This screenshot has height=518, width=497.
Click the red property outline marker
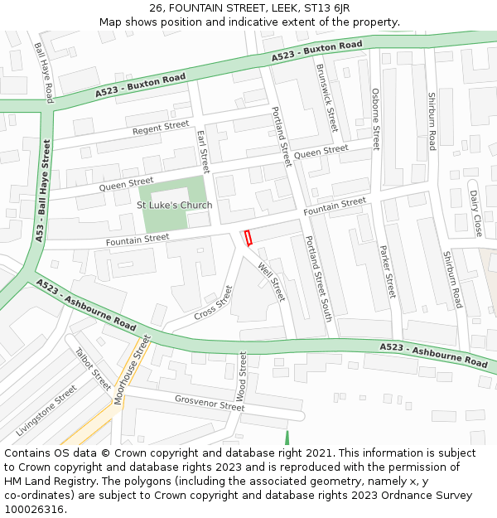click(x=247, y=238)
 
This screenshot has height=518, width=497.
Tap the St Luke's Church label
click(x=174, y=205)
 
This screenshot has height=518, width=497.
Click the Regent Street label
click(x=161, y=128)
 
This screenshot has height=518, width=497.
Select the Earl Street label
click(x=204, y=147)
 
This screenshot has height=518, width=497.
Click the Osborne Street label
click(x=375, y=119)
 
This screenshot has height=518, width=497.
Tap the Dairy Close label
click(x=475, y=213)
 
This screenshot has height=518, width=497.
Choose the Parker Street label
click(x=388, y=272)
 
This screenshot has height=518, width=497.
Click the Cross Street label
click(x=214, y=303)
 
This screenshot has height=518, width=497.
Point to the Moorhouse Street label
click(x=133, y=370)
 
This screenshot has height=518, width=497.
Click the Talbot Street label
click(x=93, y=368)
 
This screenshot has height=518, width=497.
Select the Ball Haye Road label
click(x=43, y=69)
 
